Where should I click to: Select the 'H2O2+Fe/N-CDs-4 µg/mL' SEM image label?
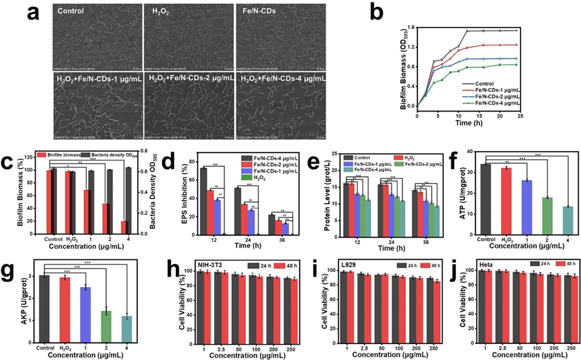click(x=283, y=79)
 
